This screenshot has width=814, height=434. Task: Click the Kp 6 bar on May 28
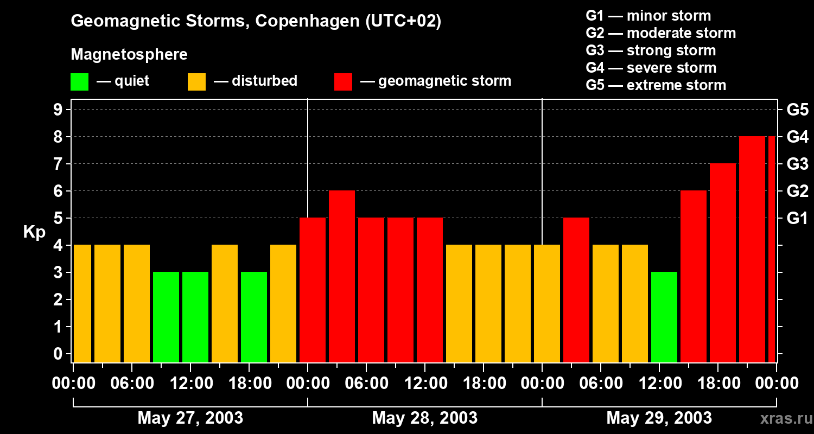[342, 276]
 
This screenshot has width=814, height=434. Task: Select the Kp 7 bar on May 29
[723, 263]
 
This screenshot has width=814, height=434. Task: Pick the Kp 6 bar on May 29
[694, 276]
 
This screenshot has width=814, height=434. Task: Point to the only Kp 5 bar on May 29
[576, 290]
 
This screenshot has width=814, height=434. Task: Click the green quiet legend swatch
[79, 81]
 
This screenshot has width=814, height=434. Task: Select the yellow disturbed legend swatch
[196, 81]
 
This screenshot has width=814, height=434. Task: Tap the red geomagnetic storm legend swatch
[343, 81]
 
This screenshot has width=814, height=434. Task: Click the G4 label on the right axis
[797, 137]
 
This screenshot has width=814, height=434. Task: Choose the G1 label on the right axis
[797, 219]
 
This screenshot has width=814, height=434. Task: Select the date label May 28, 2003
[425, 418]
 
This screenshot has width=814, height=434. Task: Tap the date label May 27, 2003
[190, 418]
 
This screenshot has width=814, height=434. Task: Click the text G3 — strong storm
[651, 50]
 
